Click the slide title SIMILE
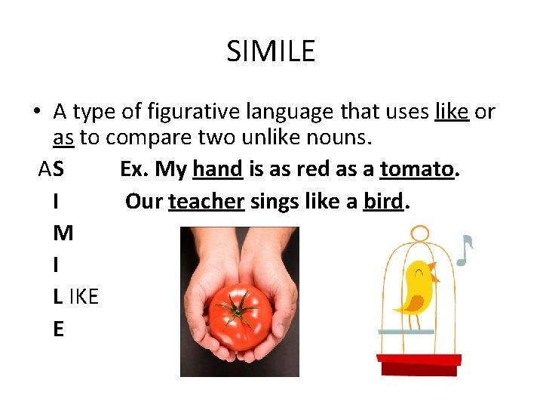[x=271, y=51]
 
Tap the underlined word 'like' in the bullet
[x=452, y=112]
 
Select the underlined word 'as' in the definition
[x=63, y=139]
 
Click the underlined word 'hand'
[x=217, y=169]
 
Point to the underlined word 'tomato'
[x=417, y=169]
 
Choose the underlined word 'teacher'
[x=206, y=202]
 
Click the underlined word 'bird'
[x=384, y=202]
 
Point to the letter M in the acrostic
[x=63, y=233]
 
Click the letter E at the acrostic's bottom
[x=59, y=329]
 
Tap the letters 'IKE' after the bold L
[x=84, y=297]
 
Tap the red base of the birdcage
[x=419, y=363]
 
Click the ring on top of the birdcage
[x=420, y=233]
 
